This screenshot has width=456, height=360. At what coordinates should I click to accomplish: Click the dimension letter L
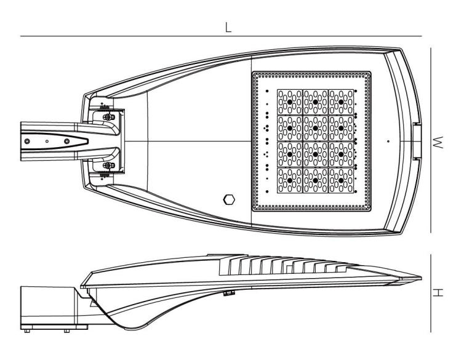pos(228,27)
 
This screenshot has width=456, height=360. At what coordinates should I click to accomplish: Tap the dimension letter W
pos(438,142)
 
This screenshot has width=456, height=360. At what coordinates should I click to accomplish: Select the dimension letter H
pos(438,292)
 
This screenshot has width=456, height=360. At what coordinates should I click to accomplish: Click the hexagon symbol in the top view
pos(229,199)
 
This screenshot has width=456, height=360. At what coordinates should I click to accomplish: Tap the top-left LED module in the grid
pos(290,102)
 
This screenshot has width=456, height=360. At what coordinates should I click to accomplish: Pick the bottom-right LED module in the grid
pos(341,180)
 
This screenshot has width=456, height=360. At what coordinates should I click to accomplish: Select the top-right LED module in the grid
pos(341,102)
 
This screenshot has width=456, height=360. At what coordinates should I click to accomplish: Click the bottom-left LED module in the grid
pos(290,180)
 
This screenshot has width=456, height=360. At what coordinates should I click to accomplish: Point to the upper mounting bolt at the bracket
pos(108,117)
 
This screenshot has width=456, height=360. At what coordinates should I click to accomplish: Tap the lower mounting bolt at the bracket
pos(108,166)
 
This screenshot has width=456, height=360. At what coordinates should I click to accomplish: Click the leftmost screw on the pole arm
pos(27,142)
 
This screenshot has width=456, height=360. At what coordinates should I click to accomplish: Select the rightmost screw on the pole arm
pos(67,142)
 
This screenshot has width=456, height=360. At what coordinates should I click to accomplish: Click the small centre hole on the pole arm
pos(47,142)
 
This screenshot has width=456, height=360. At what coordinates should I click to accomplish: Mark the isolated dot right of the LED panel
pos(388,142)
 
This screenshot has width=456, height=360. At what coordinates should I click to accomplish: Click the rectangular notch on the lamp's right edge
pos(417,142)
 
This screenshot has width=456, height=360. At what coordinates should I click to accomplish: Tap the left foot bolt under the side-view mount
pos(26,330)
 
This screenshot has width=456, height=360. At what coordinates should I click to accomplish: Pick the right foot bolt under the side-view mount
pos(66,330)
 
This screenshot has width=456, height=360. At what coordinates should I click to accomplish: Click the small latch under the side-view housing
pos(229,293)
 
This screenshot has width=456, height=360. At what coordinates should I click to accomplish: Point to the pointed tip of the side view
pos(421,278)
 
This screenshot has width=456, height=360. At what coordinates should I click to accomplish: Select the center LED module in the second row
pos(316,128)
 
